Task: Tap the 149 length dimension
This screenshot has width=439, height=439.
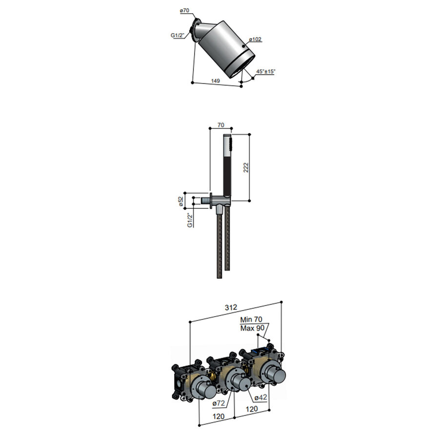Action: [215, 80]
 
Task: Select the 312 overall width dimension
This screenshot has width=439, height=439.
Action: [231, 307]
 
